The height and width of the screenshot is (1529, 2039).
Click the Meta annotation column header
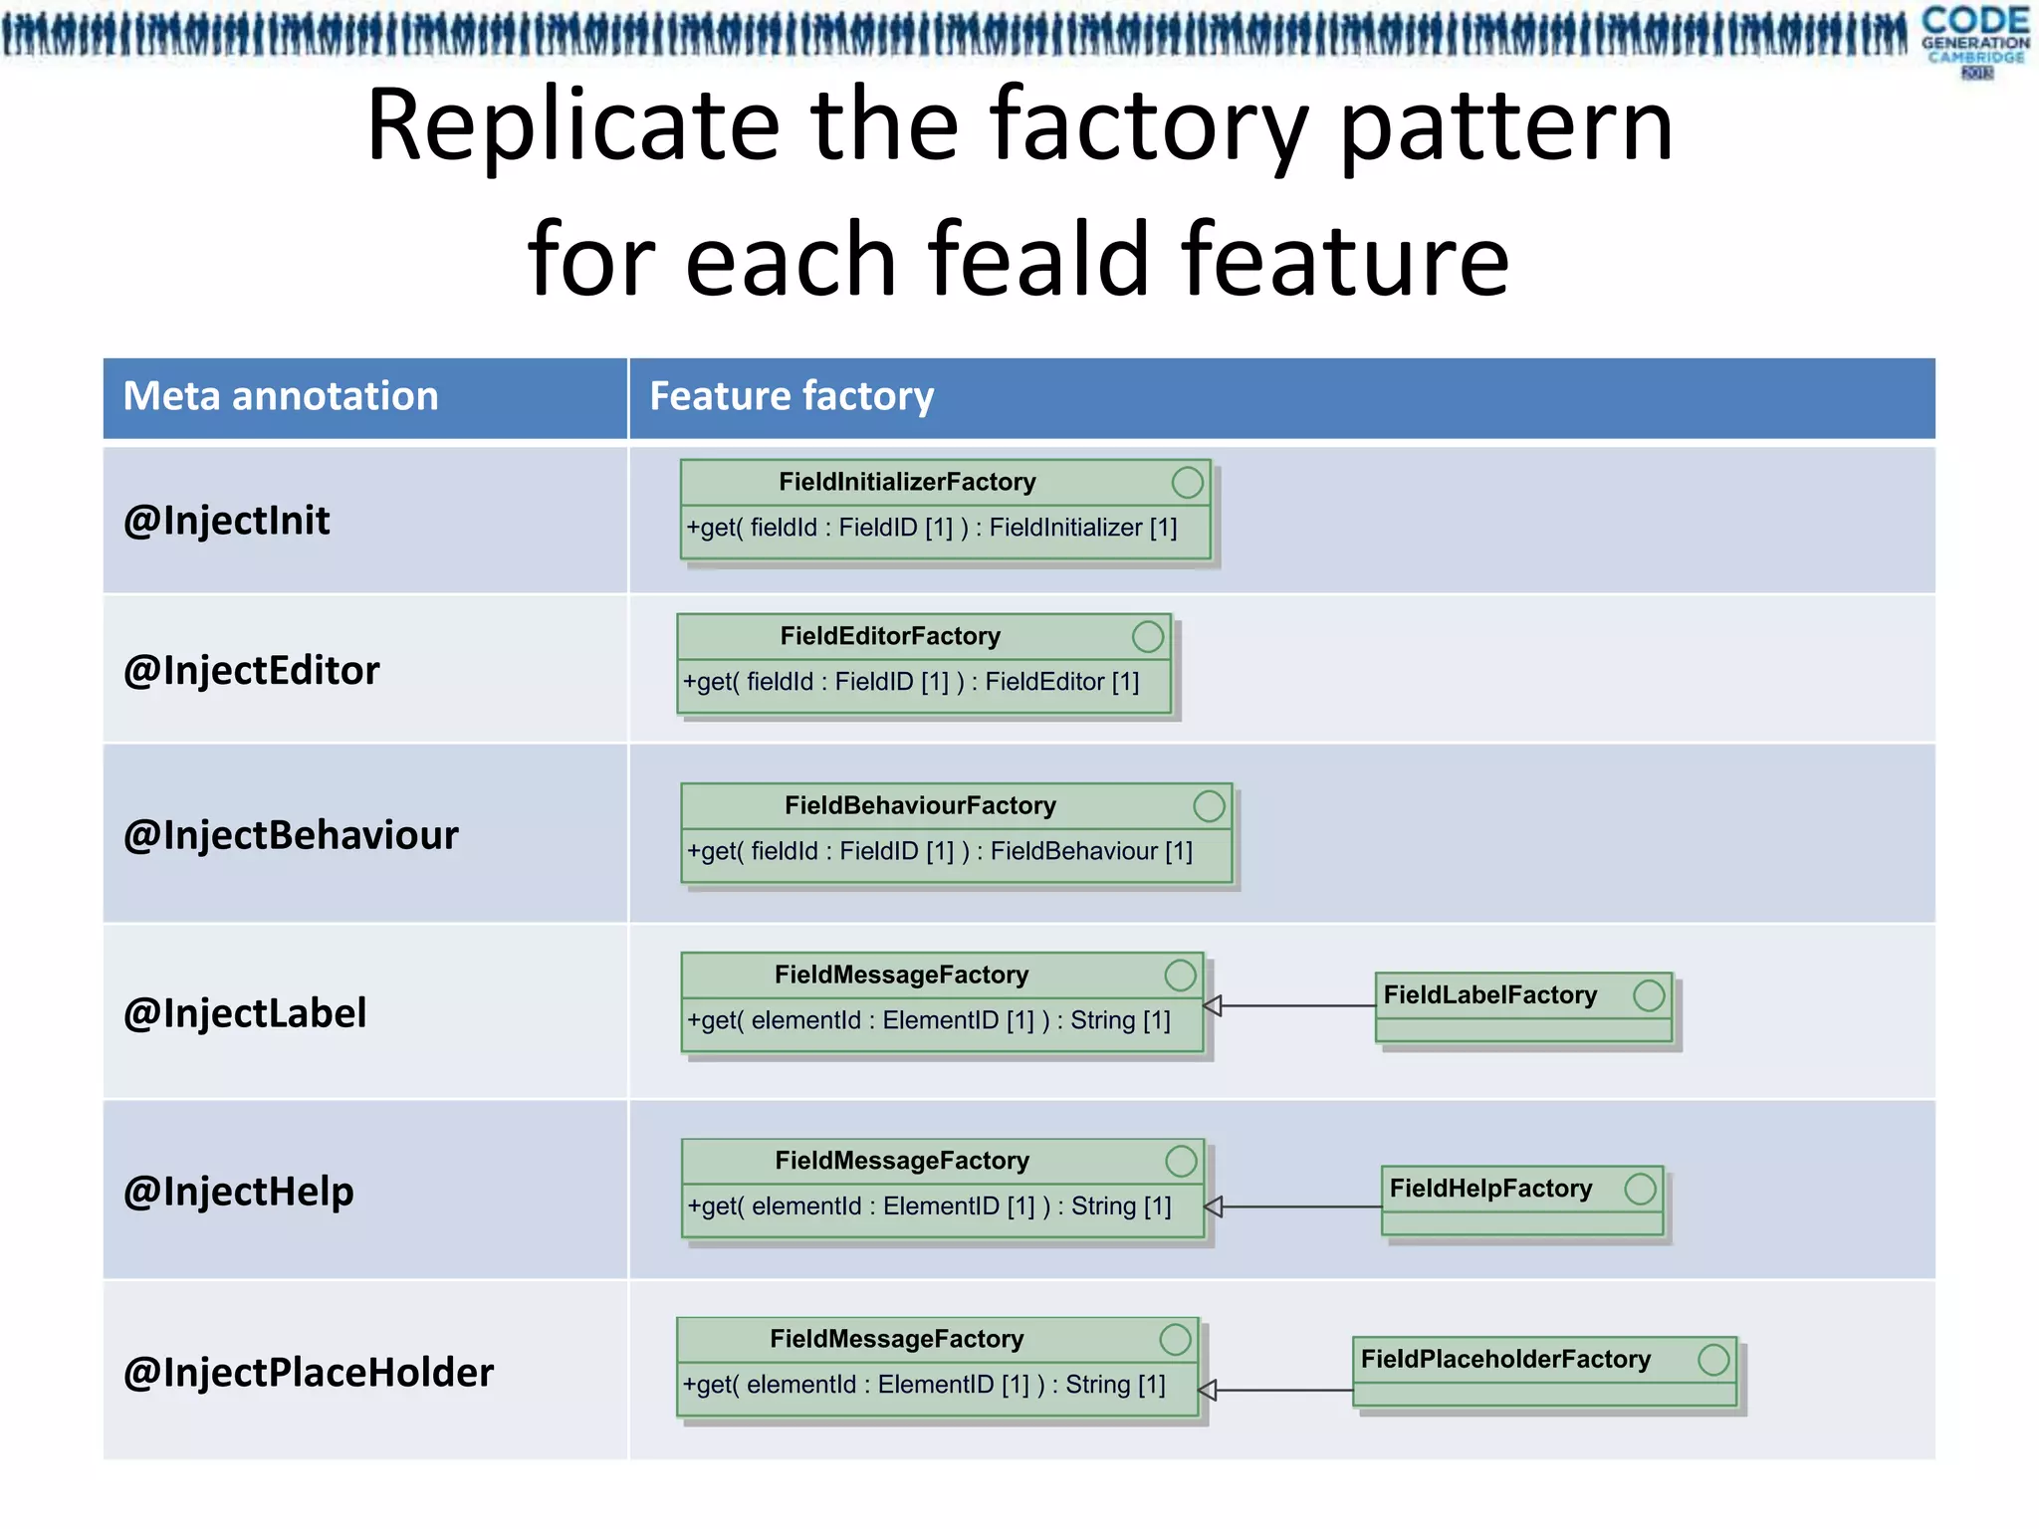point(281,396)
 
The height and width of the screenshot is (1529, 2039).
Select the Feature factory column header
point(792,396)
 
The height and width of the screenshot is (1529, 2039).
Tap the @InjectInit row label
point(226,521)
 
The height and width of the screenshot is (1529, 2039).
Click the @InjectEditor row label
point(251,670)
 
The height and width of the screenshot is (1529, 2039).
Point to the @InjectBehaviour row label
point(291,834)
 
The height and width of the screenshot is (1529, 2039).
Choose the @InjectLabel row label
point(245,1013)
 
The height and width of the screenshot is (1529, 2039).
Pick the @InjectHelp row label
point(238,1192)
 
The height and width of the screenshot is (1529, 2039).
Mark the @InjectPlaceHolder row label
point(308,1372)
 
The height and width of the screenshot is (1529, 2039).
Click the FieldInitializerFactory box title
point(907,482)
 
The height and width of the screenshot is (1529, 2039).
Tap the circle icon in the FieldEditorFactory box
point(1148,636)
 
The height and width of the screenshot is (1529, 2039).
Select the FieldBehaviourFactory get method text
point(939,851)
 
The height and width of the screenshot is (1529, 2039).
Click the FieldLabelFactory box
point(1522,1005)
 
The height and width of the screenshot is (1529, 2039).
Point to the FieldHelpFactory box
point(1521,1199)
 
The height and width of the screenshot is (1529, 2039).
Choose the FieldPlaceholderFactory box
point(1543,1370)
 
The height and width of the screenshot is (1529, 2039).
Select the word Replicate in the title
point(573,125)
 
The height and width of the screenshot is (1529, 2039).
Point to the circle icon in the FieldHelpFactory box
point(1640,1189)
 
